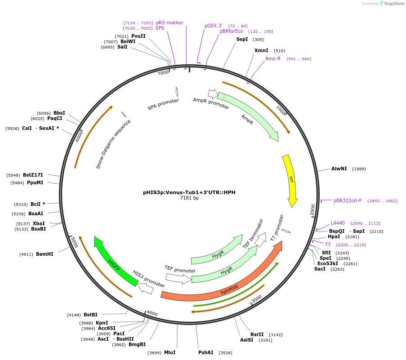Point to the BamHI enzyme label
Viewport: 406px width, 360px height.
(x=45, y=254)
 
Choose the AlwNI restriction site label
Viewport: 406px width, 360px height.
(x=339, y=169)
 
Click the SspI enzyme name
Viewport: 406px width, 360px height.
(x=242, y=39)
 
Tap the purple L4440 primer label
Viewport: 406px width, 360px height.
(x=338, y=223)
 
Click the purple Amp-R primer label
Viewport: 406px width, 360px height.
(x=273, y=58)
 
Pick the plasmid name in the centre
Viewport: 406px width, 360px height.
(x=189, y=192)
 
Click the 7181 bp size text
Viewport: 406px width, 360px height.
(x=189, y=198)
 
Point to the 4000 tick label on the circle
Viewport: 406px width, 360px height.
(x=152, y=313)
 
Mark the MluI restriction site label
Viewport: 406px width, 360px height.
(x=170, y=352)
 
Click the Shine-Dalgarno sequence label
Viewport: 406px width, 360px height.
(x=113, y=144)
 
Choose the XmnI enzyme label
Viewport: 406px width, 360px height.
(x=261, y=50)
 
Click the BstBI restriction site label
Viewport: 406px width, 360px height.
(x=90, y=315)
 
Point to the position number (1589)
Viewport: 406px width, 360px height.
(x=359, y=169)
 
